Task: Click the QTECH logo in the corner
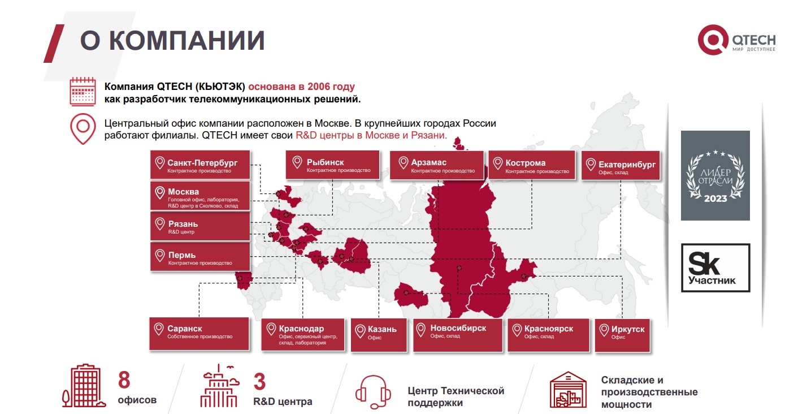pos(736,40)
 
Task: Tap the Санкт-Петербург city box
pos(200,165)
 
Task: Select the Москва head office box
pos(200,196)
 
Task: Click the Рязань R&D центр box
pos(200,226)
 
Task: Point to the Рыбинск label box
pos(332,165)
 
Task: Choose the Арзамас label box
pos(437,165)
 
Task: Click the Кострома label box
pos(532,165)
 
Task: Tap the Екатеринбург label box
pos(621,166)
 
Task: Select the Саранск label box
pos(199,334)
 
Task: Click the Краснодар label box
pos(303,335)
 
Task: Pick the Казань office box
pos(379,335)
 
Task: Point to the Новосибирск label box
pos(458,335)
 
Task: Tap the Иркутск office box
pos(622,335)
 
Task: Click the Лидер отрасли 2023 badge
pos(715,175)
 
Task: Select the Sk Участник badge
pos(715,268)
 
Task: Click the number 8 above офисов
pos(124,380)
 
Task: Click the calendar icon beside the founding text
pos(83,91)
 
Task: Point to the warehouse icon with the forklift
pos(568,390)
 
